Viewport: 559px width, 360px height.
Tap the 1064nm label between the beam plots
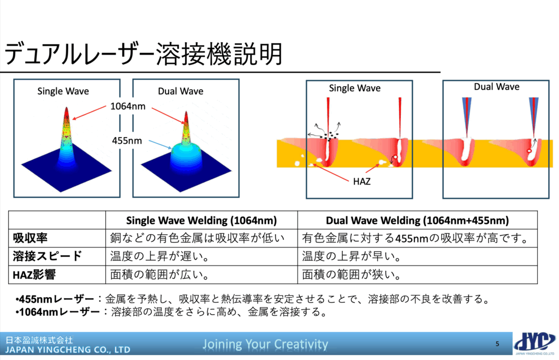[128, 107]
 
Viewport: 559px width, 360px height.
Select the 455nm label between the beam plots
[127, 140]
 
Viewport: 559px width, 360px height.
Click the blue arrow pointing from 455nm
[160, 145]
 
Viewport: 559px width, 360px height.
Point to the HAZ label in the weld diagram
[361, 181]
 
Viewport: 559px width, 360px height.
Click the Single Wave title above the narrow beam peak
[63, 91]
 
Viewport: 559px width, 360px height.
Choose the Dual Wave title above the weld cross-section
[496, 87]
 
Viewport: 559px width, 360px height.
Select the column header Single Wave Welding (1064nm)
[201, 221]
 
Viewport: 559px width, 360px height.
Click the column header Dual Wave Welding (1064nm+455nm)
[417, 221]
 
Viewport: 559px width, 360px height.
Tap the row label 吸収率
[30, 238]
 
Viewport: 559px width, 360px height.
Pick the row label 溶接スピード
[47, 256]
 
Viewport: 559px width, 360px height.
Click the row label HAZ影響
[34, 275]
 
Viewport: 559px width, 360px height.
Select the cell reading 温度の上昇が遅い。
[159, 256]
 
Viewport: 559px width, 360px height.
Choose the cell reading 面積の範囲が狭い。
[352, 274]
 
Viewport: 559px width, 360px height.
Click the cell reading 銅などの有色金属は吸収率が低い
[197, 238]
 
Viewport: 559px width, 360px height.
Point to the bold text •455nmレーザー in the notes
[55, 299]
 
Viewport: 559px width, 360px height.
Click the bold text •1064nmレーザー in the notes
[57, 312]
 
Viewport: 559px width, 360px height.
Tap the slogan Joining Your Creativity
[265, 344]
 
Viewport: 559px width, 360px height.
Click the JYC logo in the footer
[535, 343]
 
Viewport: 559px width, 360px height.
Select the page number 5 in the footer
[497, 344]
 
